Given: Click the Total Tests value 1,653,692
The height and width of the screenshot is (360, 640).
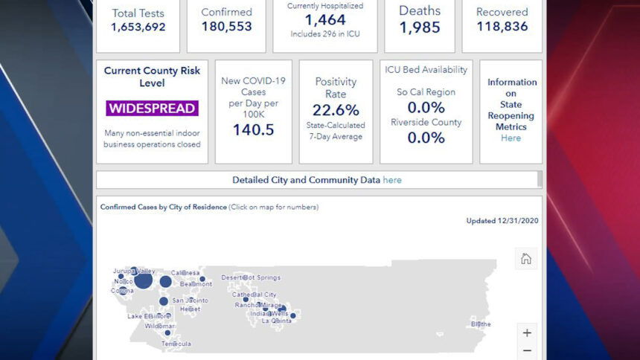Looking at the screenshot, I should pos(138,28).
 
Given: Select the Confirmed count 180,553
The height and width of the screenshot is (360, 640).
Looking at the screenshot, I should pos(226,27).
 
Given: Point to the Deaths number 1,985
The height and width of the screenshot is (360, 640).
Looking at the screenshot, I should pos(420,28).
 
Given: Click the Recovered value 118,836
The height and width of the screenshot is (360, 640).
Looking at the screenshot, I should pos(502,27).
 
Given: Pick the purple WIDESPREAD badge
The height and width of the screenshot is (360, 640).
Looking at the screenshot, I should pos(152,109).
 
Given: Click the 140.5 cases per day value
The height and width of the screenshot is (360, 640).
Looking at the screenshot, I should pos(253,129).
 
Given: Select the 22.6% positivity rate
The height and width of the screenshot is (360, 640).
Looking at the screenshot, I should pos(336,111).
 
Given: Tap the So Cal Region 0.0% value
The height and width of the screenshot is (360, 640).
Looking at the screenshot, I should pos(426,108).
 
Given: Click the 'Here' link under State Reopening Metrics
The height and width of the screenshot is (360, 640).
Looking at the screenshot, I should pos(511,138).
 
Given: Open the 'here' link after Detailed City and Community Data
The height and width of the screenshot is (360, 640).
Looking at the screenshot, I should pos(392,180).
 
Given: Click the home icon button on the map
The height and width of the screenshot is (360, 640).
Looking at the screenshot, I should pos(526,259).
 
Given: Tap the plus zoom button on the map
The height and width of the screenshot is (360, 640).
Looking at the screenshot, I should pos(527,332).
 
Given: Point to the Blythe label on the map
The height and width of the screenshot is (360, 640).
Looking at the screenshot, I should pos(481,324).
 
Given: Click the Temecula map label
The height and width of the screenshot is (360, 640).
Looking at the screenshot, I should pos(176,344).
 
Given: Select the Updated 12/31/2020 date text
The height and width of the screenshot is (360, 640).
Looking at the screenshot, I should pos(502,221).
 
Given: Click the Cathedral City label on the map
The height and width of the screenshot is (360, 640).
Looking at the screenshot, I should pos(254,295).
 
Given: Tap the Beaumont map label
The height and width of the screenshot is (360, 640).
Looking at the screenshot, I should pos(196,284).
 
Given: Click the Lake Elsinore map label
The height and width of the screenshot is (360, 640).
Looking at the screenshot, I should pos(149,316).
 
